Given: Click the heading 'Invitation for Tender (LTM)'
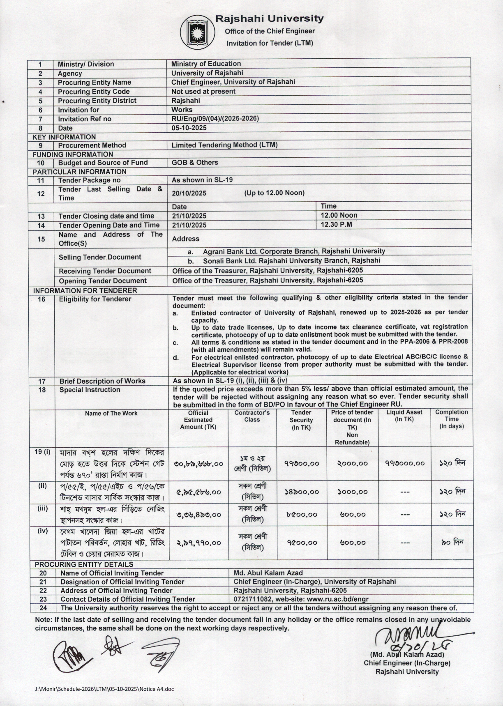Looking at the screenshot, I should click(270, 43).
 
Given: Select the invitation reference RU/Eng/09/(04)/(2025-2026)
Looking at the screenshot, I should click(215, 119).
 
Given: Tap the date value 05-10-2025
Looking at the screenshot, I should click(189, 128).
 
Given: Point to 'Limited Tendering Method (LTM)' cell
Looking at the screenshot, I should click(224, 145).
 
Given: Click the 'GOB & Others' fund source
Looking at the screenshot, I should click(195, 162).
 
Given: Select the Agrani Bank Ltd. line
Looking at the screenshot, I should click(293, 251).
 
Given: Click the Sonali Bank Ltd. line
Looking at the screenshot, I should click(291, 260).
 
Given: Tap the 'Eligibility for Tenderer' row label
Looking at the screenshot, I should click(95, 299).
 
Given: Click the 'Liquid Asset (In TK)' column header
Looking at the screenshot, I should click(404, 416).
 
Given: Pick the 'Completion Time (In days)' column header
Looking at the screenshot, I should click(451, 419).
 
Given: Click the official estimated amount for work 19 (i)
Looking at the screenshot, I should click(198, 463).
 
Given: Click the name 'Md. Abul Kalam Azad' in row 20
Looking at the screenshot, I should click(268, 573).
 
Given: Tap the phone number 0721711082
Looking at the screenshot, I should click(253, 599).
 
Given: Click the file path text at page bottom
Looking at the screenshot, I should click(104, 689).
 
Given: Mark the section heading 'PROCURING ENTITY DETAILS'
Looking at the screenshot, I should click(84, 564).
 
